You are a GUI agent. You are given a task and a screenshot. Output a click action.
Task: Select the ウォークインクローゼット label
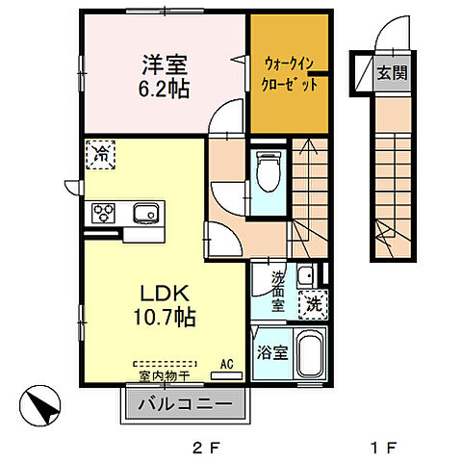point(290,72)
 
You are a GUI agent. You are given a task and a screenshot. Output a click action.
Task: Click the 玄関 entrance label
point(391,72)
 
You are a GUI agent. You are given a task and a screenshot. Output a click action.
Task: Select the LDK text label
point(165,292)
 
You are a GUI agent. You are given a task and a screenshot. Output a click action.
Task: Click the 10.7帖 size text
point(165,316)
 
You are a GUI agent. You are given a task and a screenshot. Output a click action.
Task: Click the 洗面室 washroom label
point(277,292)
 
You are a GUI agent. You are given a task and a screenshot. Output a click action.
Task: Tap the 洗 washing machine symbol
point(314,302)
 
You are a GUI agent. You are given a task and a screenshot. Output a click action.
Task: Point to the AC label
point(227,364)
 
